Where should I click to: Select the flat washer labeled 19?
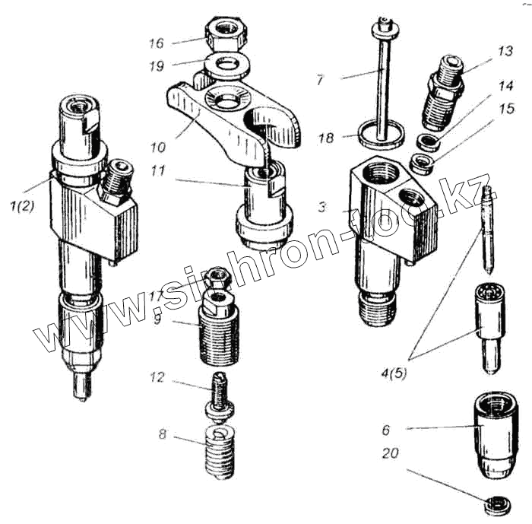point(226,63)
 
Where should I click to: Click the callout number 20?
point(391,456)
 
